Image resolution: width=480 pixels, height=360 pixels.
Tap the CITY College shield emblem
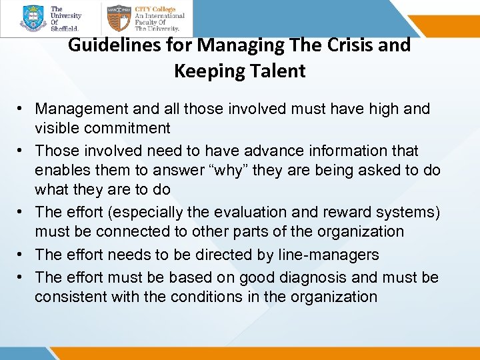coord(118,18)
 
